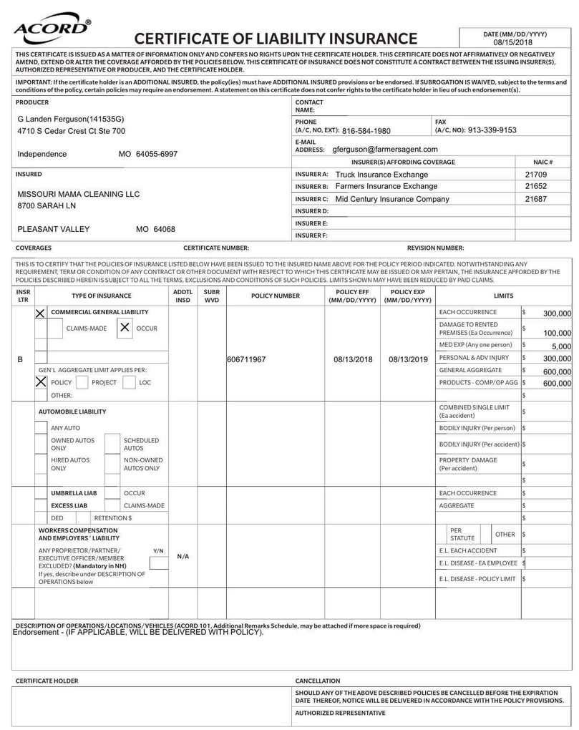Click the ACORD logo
(52, 29)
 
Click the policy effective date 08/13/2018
(351, 359)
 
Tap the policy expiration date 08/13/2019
(407, 359)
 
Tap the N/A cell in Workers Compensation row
(183, 555)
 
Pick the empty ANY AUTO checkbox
(42, 428)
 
